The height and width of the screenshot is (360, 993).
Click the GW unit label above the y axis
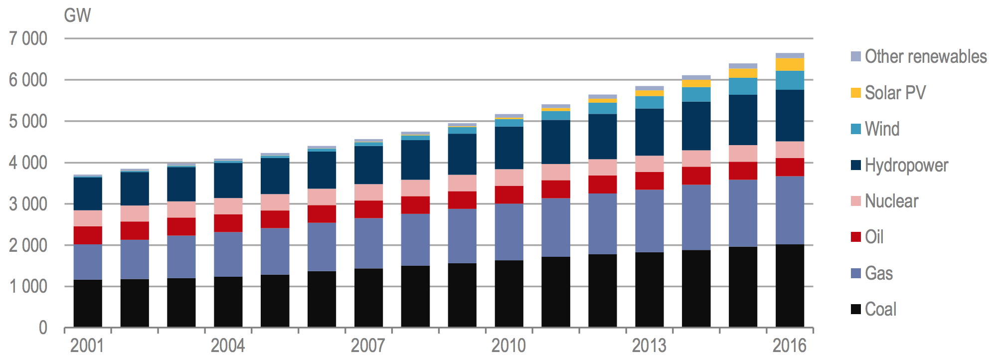coord(77,15)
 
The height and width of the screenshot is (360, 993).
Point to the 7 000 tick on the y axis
coord(28,38)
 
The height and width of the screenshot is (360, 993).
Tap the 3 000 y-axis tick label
coord(28,204)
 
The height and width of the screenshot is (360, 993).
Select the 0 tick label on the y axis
coord(43,328)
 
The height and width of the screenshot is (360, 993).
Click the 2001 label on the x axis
coord(87,345)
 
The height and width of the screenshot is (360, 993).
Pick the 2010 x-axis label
coord(508,345)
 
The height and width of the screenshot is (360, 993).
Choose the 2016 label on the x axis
coord(790,345)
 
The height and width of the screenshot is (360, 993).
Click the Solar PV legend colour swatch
coord(856,93)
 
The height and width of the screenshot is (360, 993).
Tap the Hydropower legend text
coord(906,165)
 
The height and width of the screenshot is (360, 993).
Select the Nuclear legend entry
coord(891,201)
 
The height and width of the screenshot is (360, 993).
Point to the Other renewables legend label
coord(926,56)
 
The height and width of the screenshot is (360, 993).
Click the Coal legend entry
coord(880,309)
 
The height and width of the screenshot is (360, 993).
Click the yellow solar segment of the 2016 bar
coord(790,64)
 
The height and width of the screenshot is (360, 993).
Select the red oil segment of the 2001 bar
coord(88,235)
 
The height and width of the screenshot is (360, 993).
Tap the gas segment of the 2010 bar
coord(509,232)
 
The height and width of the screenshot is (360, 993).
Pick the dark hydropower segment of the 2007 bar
coord(368,165)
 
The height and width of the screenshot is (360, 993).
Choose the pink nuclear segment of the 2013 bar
coord(649,164)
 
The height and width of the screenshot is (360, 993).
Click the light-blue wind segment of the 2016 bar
coord(790,80)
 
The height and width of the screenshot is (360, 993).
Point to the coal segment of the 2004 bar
coord(228,302)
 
